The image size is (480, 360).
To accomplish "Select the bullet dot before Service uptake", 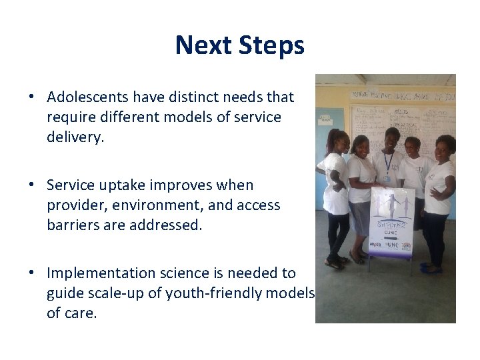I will [31, 185].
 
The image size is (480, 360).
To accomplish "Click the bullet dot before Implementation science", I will [31, 273].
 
